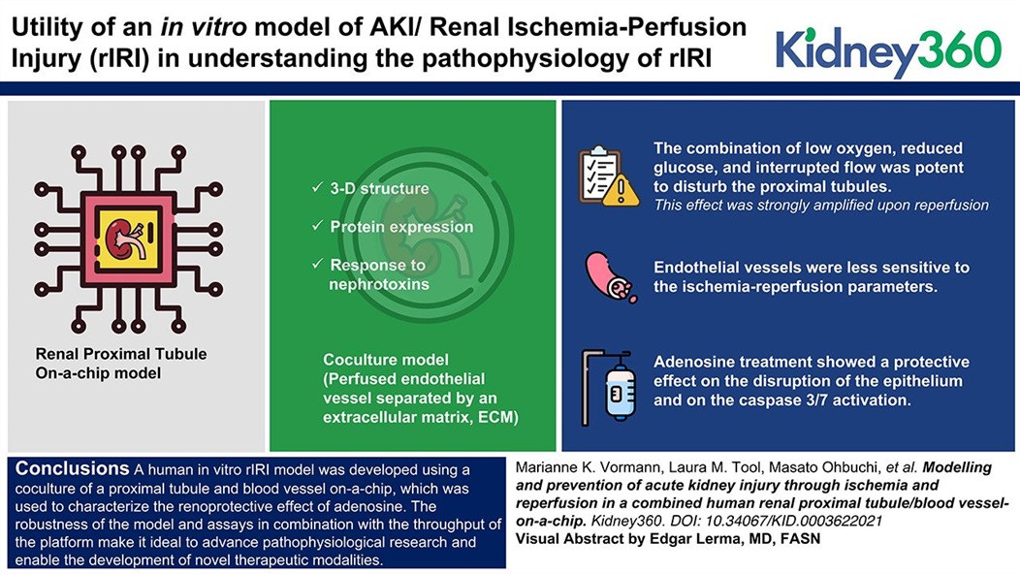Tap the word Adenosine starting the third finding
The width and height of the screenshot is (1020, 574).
tap(694, 363)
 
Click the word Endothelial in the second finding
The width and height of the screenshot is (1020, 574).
tap(699, 267)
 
